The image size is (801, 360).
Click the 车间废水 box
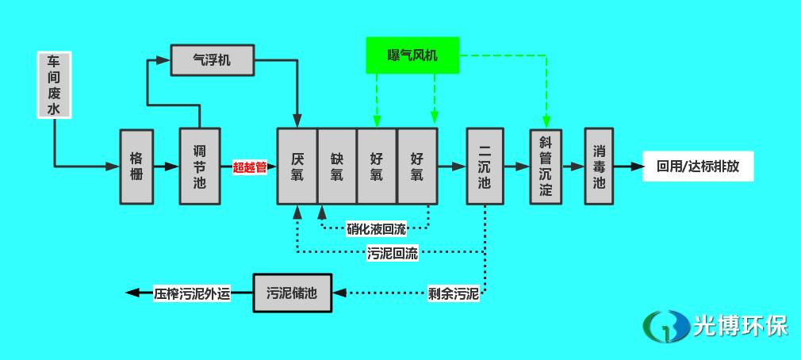pyautogui.click(x=55, y=85)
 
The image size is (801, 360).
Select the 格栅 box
pyautogui.click(x=136, y=167)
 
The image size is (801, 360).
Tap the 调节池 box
pyautogui.click(x=199, y=167)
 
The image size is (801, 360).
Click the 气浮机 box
pyautogui.click(x=212, y=59)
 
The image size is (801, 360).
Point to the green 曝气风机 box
pyautogui.click(x=412, y=55)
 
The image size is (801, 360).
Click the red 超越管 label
pyautogui.click(x=249, y=167)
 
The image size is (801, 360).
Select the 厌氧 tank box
pyautogui.click(x=297, y=166)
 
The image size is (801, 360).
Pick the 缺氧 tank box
pyautogui.click(x=337, y=166)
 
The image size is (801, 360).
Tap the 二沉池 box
pyautogui.click(x=485, y=166)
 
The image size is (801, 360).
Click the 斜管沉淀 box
pyautogui.click(x=546, y=167)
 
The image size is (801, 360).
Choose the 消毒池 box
pyautogui.click(x=600, y=166)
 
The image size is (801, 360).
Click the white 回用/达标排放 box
pyautogui.click(x=697, y=167)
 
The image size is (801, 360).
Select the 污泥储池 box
pyautogui.click(x=292, y=293)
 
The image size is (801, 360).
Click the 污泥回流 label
pyautogui.click(x=393, y=255)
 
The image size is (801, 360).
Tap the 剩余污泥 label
pyautogui.click(x=453, y=294)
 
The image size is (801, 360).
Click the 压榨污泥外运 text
pyautogui.click(x=192, y=293)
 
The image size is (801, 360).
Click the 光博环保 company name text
pyautogui.click(x=740, y=325)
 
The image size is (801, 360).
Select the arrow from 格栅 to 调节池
pyautogui.click(x=167, y=167)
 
